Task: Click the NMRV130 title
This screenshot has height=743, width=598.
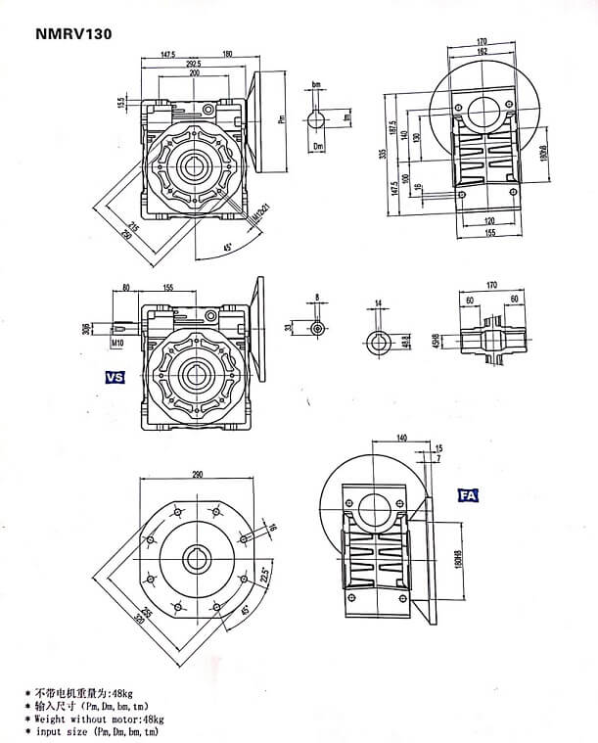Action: (73, 33)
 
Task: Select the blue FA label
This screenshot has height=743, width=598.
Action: (468, 496)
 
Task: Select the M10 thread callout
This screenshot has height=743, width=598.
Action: (116, 345)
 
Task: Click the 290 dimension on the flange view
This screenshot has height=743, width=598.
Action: (202, 474)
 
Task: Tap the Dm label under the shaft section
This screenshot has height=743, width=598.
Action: (317, 146)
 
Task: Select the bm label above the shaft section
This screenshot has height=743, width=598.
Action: (316, 86)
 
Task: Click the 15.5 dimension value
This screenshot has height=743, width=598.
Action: (120, 101)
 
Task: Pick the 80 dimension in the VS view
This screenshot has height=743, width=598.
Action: (126, 288)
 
